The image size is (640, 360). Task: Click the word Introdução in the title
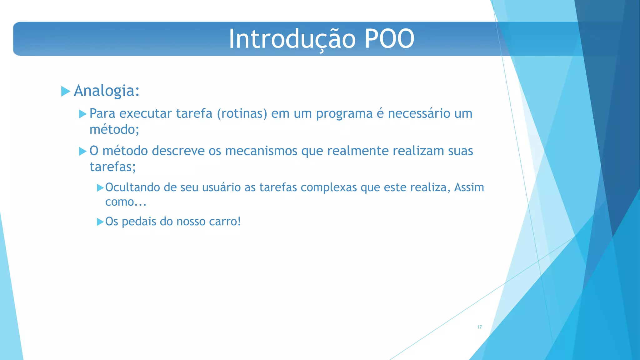292,39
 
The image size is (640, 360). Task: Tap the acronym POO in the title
389,39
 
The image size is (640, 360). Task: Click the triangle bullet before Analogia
66,91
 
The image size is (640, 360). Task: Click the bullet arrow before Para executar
82,114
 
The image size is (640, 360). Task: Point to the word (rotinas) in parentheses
242,113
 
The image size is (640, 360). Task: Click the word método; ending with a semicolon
114,129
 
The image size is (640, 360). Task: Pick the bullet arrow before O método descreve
82,152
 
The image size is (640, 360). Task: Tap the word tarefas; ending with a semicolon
113,167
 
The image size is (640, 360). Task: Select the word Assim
469,187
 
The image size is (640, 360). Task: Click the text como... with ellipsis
126,202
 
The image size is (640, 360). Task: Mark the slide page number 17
479,327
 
